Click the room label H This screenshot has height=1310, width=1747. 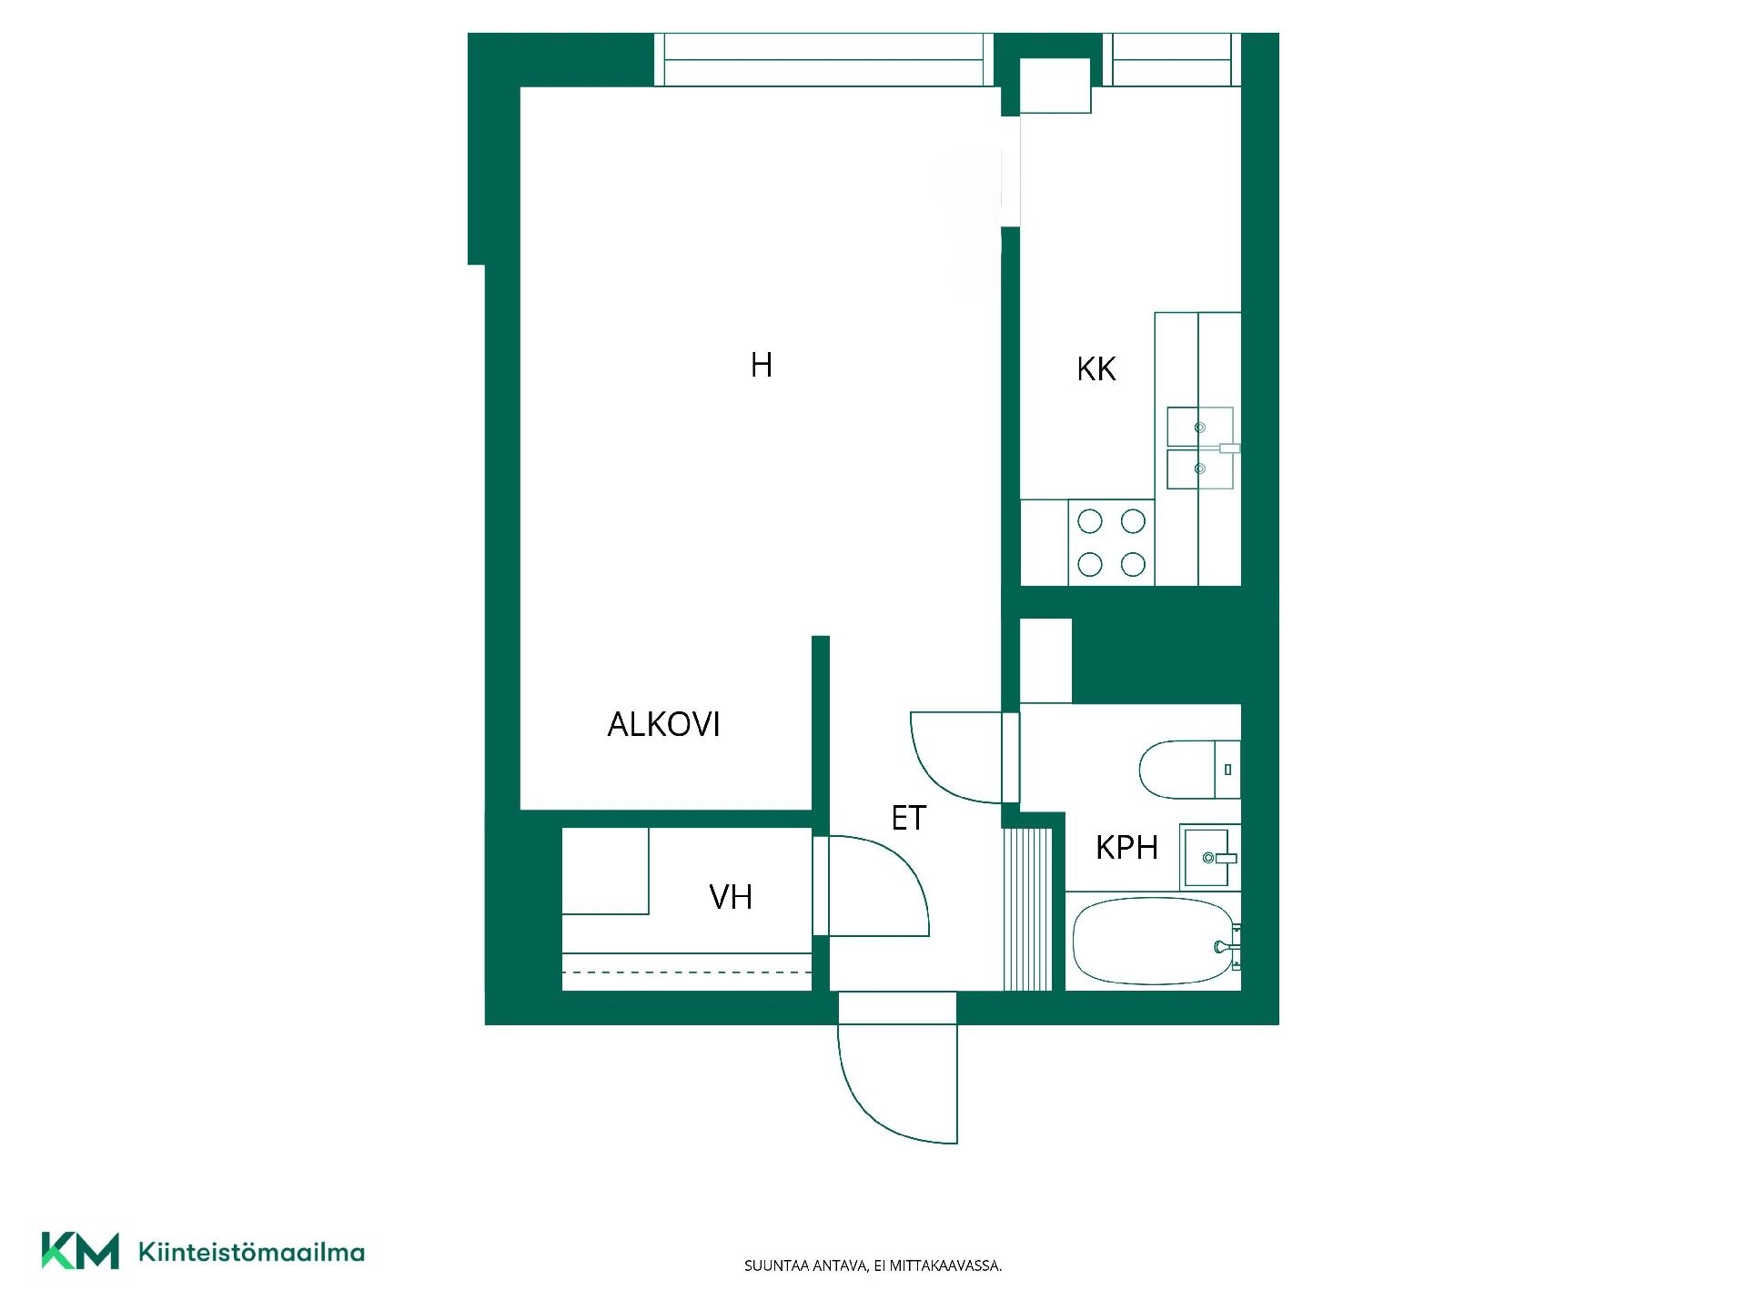[762, 365]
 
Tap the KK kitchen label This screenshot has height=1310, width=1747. [1096, 369]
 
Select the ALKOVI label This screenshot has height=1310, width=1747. [663, 724]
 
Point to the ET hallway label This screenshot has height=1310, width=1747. [908, 818]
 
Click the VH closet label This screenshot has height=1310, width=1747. [731, 897]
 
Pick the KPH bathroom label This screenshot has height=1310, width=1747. [1126, 848]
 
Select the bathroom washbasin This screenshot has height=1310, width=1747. [1210, 857]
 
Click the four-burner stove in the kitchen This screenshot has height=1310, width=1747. [1111, 543]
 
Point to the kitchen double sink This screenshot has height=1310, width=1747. [1200, 448]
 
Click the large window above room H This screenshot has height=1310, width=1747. [823, 60]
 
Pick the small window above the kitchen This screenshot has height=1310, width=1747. [1172, 60]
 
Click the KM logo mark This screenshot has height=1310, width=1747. [80, 1251]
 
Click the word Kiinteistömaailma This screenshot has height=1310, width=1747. [251, 1252]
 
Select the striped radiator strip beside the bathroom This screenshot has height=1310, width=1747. [1027, 909]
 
